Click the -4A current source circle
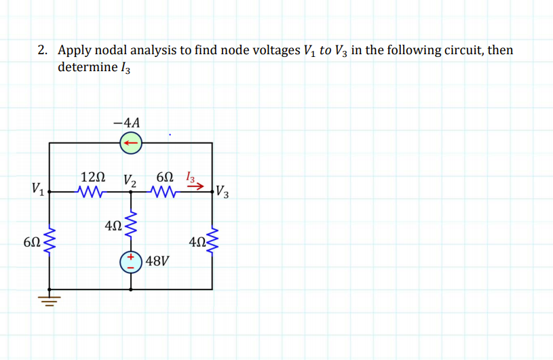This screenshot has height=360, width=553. [x=130, y=143]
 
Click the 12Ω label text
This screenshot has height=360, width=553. [x=92, y=177]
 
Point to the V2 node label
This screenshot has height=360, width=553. [x=130, y=180]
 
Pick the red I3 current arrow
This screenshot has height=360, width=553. [x=197, y=188]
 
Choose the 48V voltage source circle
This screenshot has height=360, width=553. [x=130, y=262]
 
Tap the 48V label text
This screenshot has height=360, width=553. [x=157, y=260]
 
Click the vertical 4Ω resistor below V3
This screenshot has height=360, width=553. [x=213, y=241]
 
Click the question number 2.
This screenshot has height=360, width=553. [x=42, y=50]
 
